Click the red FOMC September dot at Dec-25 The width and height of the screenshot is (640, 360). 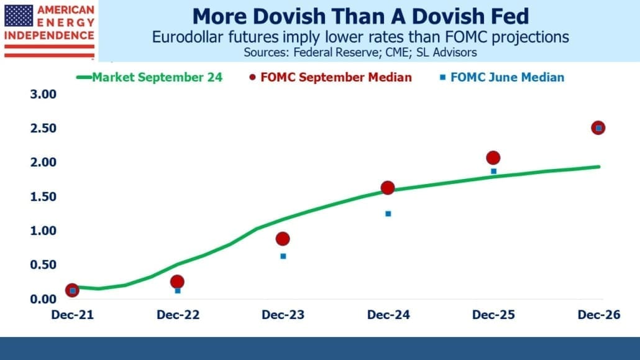click(493, 158)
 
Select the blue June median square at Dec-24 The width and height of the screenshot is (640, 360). click(388, 214)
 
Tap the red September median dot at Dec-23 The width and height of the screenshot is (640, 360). click(283, 239)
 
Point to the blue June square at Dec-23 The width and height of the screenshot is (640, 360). click(283, 256)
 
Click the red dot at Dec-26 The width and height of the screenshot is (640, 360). click(598, 128)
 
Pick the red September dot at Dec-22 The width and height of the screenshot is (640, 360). click(177, 282)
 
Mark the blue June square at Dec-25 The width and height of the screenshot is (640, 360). click(493, 171)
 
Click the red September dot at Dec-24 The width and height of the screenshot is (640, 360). click(388, 188)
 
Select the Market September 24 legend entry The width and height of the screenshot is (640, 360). click(149, 77)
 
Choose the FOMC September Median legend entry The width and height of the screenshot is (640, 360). click(331, 77)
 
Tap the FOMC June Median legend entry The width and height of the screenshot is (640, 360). click(502, 77)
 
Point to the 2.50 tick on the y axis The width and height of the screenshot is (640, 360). click(43, 128)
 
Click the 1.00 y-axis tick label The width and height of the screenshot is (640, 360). click(43, 231)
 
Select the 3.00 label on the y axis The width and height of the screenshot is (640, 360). click(43, 95)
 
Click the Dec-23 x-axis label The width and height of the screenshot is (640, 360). click(283, 315)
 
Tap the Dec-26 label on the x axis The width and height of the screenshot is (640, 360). click(599, 315)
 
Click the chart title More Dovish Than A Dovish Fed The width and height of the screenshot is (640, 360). click(360, 16)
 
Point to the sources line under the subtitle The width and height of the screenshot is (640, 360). click(360, 52)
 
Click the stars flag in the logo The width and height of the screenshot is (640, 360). click(19, 16)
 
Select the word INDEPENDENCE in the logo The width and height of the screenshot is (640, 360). click(49, 35)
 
